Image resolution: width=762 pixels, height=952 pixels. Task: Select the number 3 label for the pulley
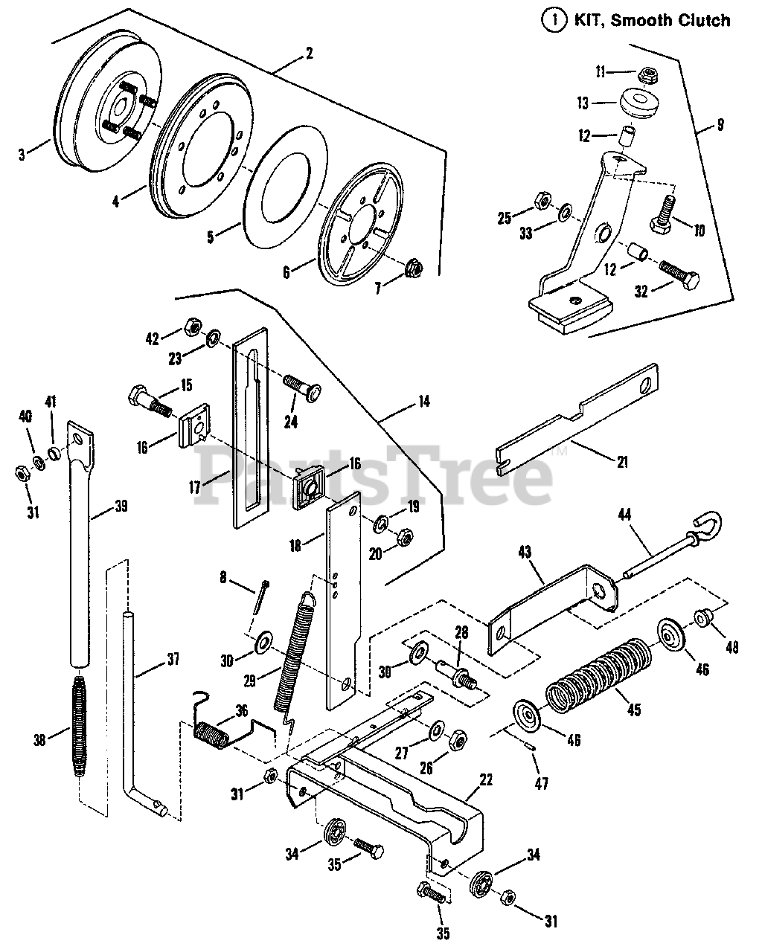pos(22,155)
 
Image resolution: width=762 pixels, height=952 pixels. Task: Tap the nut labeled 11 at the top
pos(647,74)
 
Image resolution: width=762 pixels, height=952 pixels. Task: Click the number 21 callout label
pos(622,462)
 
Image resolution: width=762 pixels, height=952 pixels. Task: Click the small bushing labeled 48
pos(702,617)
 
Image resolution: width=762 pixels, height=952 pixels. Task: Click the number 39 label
pos(121,507)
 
